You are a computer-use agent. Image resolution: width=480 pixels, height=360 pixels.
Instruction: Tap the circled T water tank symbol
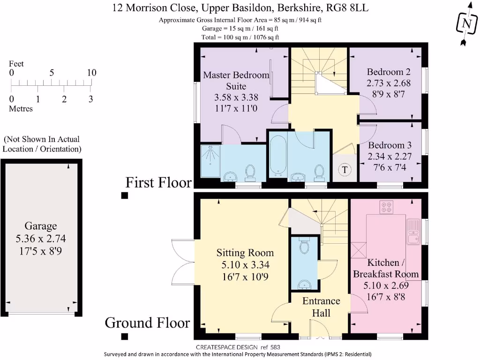tap(345, 170)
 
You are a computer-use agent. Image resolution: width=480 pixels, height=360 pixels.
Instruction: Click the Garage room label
tap(41, 225)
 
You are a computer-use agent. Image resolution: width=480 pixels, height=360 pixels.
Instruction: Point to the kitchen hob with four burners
tap(387, 207)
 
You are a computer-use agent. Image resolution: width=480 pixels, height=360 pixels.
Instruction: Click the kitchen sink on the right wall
tap(414, 232)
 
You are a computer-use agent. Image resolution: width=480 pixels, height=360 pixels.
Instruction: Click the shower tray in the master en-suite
tap(210, 160)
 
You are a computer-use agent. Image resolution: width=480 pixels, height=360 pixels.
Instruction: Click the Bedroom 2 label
tap(389, 72)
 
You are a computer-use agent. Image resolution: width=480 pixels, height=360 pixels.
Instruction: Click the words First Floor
tap(158, 182)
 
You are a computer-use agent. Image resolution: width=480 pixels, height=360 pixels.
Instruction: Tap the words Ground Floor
tap(147, 323)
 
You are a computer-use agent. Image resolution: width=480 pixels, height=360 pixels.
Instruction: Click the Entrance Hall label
tap(321, 307)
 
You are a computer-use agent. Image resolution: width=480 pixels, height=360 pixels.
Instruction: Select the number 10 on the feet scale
tap(91, 73)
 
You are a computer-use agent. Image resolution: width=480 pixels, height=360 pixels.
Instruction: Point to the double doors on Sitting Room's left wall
tap(183, 256)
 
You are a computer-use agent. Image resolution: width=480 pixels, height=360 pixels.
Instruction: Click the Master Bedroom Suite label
tap(236, 80)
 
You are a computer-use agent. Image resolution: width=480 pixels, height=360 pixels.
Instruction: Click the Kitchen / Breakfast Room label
tap(386, 268)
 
